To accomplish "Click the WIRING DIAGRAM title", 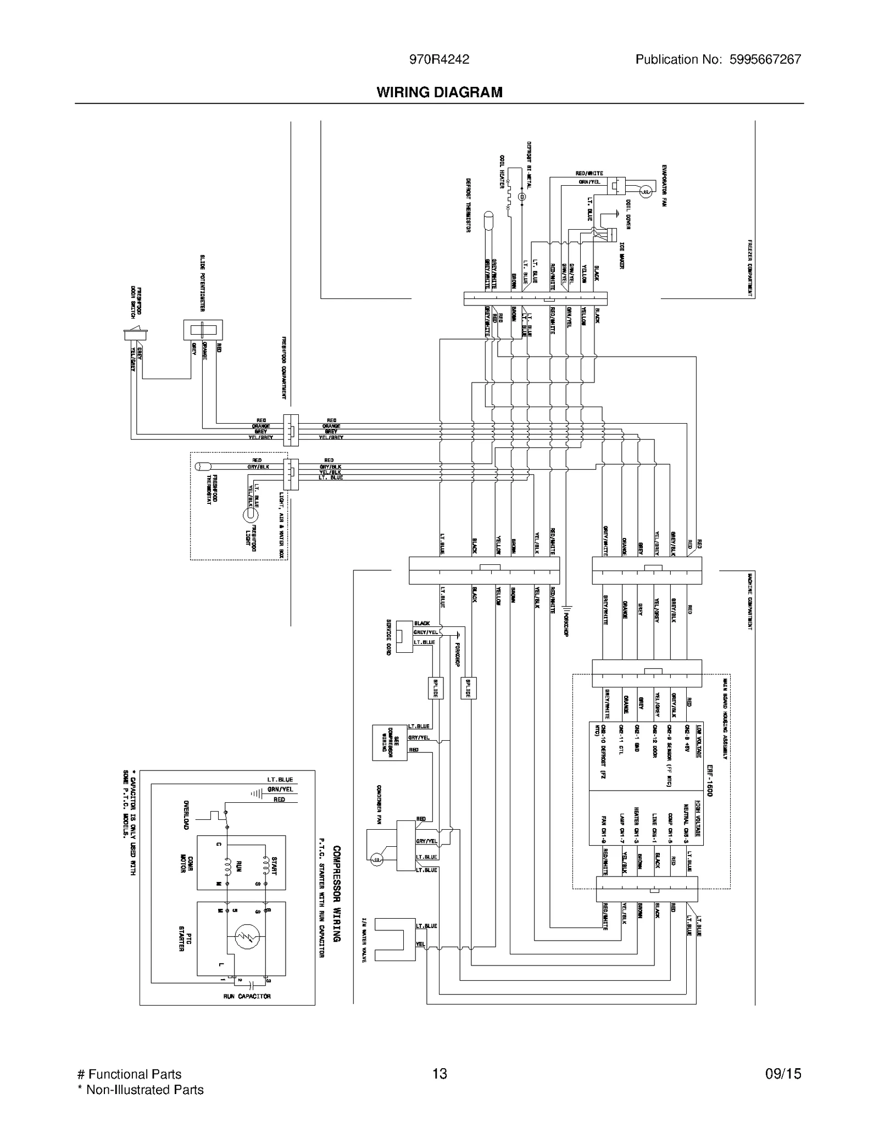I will coord(439,92).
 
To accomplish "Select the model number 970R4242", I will coord(439,60).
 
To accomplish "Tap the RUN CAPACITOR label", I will coord(247,996).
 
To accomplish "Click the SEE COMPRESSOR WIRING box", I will coord(390,743).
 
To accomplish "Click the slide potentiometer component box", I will coord(203,330).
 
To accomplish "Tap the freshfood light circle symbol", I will coord(250,515).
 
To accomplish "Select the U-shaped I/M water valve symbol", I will coord(394,939).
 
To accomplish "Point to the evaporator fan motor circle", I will coord(646,191).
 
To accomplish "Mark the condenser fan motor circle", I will coord(376,859).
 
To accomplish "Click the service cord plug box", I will coord(404,636).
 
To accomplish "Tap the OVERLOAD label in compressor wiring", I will coord(186,814).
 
